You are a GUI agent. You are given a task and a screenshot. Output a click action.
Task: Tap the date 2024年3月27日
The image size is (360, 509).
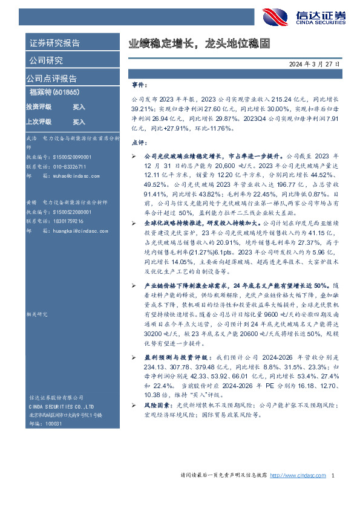click(x=314, y=63)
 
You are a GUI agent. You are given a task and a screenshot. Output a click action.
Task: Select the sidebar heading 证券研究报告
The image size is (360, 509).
click(x=54, y=44)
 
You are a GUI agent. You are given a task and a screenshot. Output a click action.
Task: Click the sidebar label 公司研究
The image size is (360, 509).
click(x=46, y=60)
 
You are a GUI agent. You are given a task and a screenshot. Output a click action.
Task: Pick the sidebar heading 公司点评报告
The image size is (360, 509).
click(x=51, y=79)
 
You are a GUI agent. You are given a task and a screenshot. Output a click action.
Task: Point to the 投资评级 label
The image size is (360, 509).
click(x=39, y=106)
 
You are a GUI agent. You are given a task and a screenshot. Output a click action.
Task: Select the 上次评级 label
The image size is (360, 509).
click(x=39, y=122)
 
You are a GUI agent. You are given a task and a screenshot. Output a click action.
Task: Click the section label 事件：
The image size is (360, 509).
click(x=139, y=86)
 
